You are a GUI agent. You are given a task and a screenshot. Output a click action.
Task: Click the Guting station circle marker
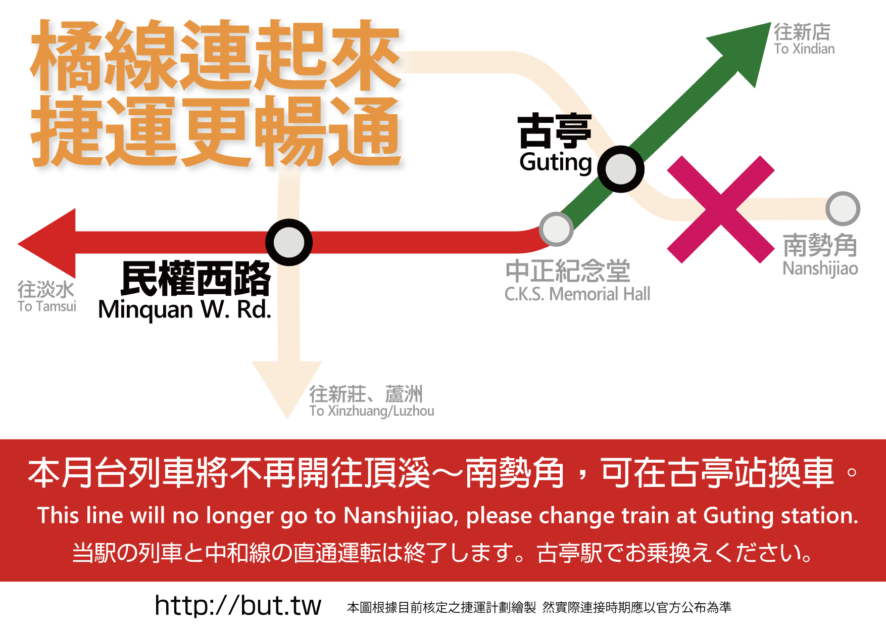click(620, 169)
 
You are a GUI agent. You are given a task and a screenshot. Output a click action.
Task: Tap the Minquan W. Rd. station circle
click(289, 242)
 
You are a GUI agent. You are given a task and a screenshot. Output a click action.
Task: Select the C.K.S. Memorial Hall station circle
click(556, 229)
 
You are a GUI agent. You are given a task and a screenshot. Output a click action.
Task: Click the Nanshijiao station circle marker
click(843, 208)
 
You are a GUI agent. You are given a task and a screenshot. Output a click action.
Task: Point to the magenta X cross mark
click(720, 209)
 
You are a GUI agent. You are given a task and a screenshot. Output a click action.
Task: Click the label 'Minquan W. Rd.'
click(184, 309)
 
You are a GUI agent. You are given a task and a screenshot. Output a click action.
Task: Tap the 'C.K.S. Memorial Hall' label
click(577, 294)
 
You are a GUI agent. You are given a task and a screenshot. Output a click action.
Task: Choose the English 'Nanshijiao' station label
click(820, 268)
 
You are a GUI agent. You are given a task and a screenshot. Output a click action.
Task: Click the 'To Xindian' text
click(804, 49)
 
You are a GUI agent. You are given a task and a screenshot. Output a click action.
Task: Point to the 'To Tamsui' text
click(46, 306)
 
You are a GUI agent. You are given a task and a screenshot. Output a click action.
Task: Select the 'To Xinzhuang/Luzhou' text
click(372, 411)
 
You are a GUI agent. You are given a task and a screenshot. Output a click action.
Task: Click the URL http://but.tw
click(238, 605)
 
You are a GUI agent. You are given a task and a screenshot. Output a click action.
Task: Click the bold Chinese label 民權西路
click(196, 279)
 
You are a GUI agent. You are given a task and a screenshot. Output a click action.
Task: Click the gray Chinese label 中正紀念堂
click(568, 271)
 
